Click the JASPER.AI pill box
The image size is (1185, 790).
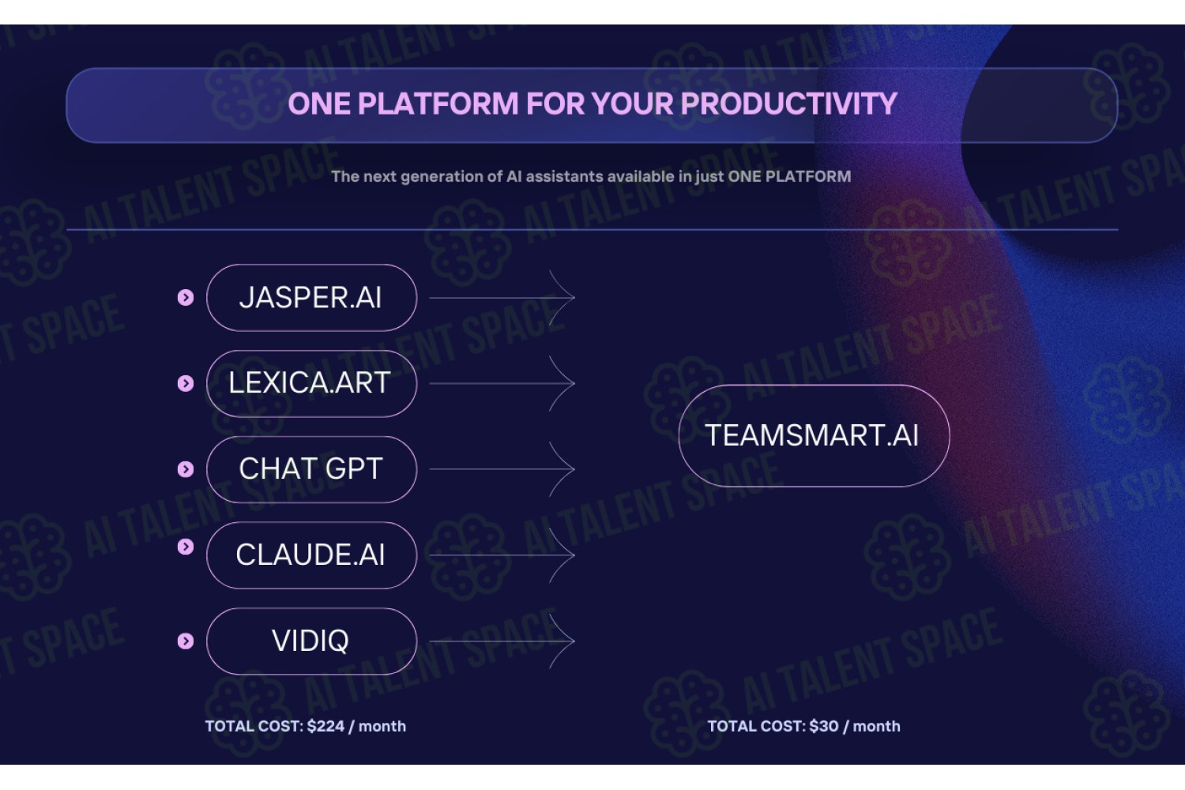click(x=311, y=297)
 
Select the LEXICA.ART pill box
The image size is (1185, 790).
click(x=311, y=384)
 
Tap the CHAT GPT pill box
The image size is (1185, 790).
click(x=311, y=469)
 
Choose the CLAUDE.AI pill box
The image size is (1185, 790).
click(x=311, y=555)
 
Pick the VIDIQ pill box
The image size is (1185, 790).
click(x=311, y=641)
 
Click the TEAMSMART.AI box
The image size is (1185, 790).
click(x=814, y=435)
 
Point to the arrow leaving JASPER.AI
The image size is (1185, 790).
click(x=502, y=298)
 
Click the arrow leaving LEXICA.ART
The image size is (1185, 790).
click(x=502, y=384)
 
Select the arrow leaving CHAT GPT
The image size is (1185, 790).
click(x=502, y=469)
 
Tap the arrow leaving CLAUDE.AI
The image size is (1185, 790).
click(x=502, y=555)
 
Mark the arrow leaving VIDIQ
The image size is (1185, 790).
click(x=502, y=641)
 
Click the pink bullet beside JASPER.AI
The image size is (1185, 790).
click(x=186, y=297)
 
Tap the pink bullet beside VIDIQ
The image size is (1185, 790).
click(x=186, y=641)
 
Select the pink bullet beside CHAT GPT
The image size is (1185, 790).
click(x=186, y=469)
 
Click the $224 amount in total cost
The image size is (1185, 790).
click(x=325, y=726)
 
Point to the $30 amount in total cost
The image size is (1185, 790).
click(x=824, y=726)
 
